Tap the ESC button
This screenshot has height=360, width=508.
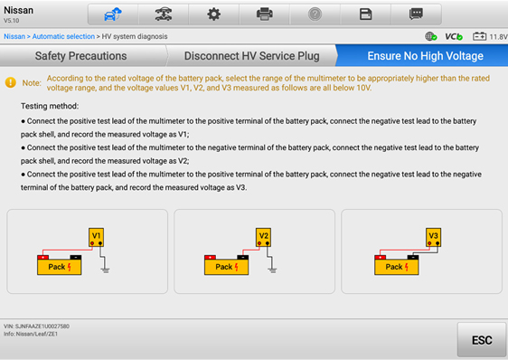pyautogui.click(x=482, y=339)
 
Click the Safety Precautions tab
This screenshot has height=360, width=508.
pyautogui.click(x=81, y=56)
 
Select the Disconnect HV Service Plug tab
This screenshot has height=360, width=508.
pyautogui.click(x=251, y=56)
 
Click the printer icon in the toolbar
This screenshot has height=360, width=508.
pyautogui.click(x=264, y=14)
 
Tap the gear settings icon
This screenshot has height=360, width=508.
pyautogui.click(x=214, y=14)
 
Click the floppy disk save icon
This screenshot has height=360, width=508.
pyautogui.click(x=365, y=14)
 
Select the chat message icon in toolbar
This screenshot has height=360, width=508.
pyautogui.click(x=416, y=14)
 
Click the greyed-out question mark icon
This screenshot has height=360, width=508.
pyautogui.click(x=315, y=14)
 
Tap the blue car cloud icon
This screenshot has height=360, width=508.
pyautogui.click(x=112, y=14)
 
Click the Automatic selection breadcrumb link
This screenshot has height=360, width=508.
pyautogui.click(x=63, y=36)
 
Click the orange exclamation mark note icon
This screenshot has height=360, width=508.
pyautogui.click(x=11, y=82)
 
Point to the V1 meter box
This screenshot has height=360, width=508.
pyautogui.click(x=96, y=237)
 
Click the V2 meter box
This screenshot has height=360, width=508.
pyautogui.click(x=263, y=237)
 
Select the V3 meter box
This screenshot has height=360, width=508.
pyautogui.click(x=434, y=237)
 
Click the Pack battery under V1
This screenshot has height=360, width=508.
pyautogui.click(x=60, y=265)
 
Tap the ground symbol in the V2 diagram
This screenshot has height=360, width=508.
pyautogui.click(x=272, y=270)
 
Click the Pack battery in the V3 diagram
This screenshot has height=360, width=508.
pyautogui.click(x=397, y=265)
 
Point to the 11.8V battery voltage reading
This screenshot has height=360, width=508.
pyautogui.click(x=498, y=37)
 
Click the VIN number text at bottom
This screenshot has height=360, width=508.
pyautogui.click(x=37, y=326)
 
